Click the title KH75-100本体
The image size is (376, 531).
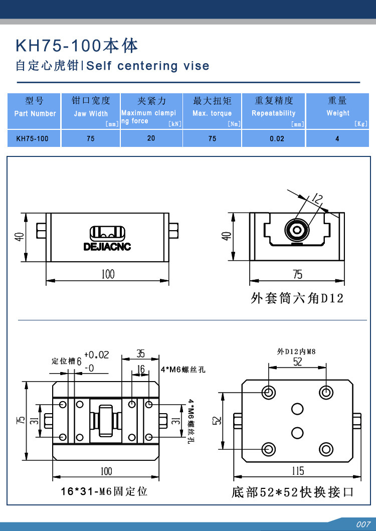point(77,46)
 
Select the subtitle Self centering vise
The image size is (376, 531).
point(148,66)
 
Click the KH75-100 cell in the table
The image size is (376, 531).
point(33,138)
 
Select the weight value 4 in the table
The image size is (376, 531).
point(337,138)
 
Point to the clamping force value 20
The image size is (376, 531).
point(151,138)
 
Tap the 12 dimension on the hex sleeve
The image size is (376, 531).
point(316,199)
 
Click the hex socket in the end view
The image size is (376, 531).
point(298,231)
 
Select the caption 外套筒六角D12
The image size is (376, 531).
point(297,299)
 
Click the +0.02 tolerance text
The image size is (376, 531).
point(96,355)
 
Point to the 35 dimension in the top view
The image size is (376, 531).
point(140,354)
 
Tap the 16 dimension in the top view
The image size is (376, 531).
point(140,370)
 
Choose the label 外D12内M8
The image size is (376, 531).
point(297,351)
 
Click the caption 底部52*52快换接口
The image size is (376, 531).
point(293,492)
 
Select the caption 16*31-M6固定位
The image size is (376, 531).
point(104,491)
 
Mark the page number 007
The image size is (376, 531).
point(363,524)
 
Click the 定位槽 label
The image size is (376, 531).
point(64,361)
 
